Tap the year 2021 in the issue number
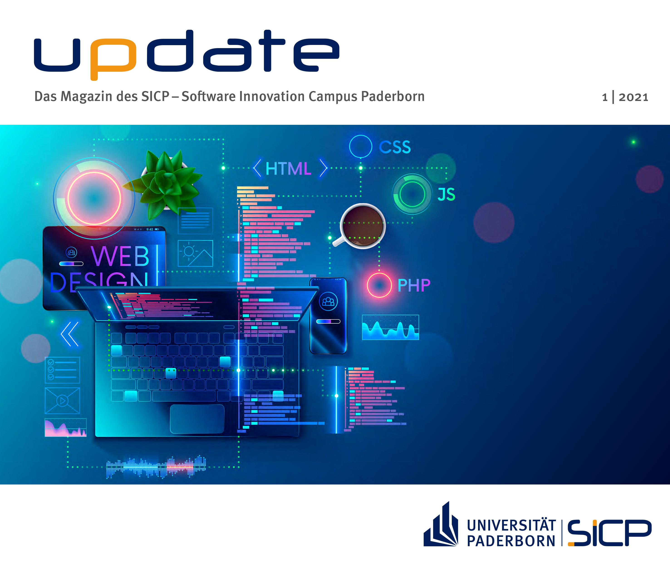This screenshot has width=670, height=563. (633, 97)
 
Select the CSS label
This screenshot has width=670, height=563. (395, 147)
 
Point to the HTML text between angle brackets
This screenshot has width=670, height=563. (288, 169)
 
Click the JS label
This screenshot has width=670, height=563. (446, 194)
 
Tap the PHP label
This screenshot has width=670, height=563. (414, 285)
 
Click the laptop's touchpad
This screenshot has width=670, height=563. (197, 419)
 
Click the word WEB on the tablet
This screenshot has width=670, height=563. (120, 256)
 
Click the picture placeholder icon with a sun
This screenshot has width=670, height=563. (195, 253)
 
